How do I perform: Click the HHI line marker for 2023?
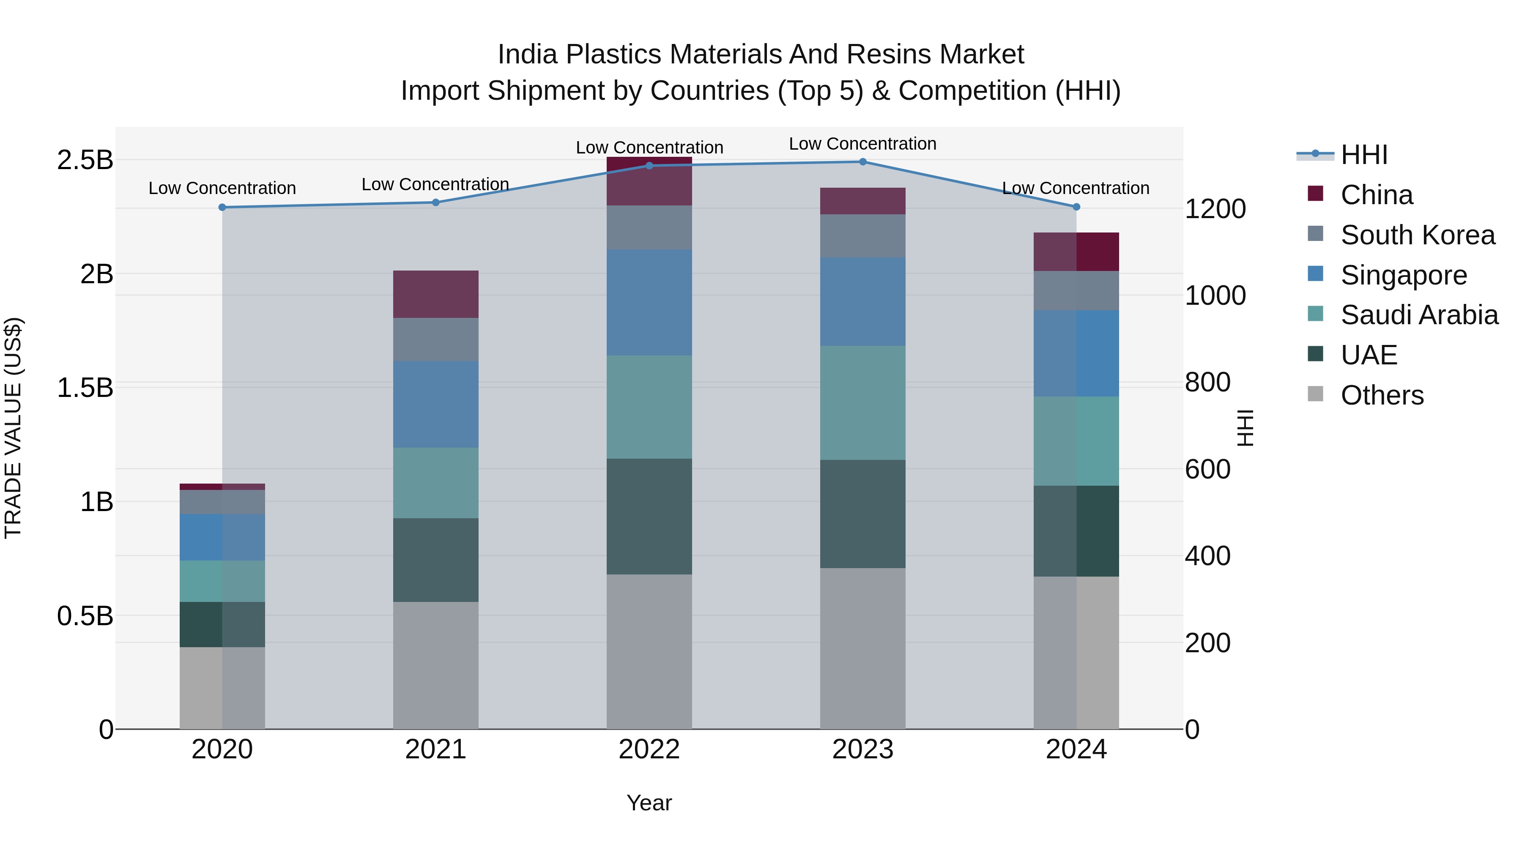click(862, 162)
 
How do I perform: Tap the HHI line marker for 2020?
click(222, 208)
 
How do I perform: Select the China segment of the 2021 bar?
click(435, 294)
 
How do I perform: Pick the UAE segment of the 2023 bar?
click(862, 514)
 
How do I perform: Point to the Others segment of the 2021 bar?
click(435, 665)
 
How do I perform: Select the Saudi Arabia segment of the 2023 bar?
click(862, 403)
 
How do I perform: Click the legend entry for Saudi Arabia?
click(1418, 315)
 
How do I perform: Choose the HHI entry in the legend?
click(1363, 155)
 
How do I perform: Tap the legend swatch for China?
click(1315, 193)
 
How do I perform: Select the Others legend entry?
click(1381, 395)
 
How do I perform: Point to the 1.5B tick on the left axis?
click(85, 388)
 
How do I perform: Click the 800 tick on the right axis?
click(1207, 382)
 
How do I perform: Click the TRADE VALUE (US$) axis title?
click(14, 428)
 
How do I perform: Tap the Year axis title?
click(649, 803)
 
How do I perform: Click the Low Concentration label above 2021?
click(435, 184)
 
